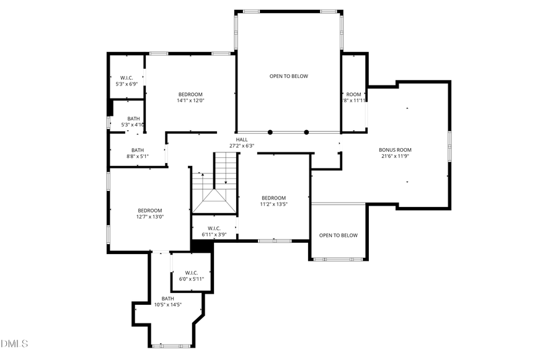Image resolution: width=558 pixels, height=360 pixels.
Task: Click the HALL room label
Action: tap(241, 139)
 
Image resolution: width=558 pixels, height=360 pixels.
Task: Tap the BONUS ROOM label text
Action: tap(395, 150)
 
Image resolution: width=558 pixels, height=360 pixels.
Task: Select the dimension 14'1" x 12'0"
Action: tap(190, 100)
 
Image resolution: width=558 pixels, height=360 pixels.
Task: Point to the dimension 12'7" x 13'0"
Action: tap(149, 217)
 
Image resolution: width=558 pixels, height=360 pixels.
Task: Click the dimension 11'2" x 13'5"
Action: tap(273, 204)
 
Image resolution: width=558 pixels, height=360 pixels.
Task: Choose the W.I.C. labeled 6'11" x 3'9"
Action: tap(214, 235)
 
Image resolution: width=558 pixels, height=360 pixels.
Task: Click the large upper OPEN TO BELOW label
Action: tap(288, 76)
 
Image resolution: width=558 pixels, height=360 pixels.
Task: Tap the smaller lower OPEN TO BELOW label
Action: tap(338, 235)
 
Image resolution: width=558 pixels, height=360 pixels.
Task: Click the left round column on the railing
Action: tap(270, 132)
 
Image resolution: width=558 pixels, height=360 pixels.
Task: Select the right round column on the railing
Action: tap(306, 132)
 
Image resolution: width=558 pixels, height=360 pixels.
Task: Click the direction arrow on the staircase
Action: tap(226, 182)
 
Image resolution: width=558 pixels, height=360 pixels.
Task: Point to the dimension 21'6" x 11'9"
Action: tap(395, 156)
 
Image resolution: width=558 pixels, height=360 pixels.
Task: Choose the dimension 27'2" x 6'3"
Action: tap(241, 146)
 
